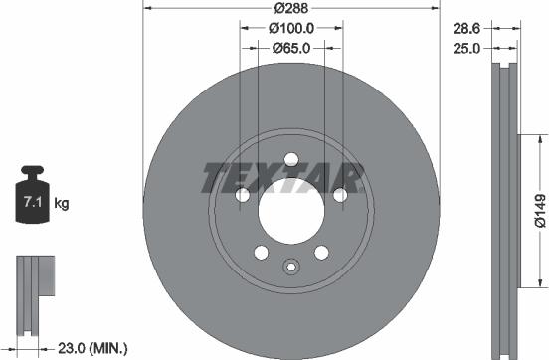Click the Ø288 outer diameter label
coord(291,8)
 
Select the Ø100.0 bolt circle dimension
coord(291,29)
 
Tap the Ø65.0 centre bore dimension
coord(291,48)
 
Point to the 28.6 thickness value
coord(466,29)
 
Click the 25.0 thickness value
coord(466,49)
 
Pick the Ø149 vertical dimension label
coord(540,211)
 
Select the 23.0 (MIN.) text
coord(92,348)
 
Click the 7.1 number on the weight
coord(33,203)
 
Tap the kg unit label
coord(62,203)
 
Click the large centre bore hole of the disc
coord(291,211)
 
